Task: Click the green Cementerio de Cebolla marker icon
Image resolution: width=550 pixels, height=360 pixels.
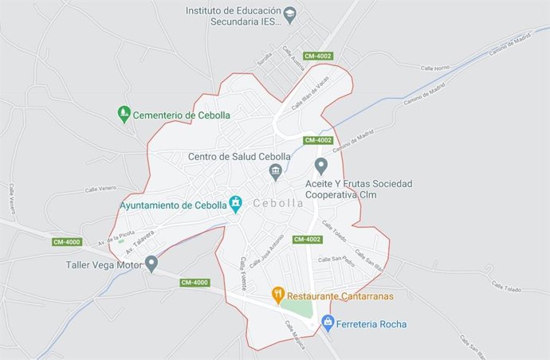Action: pyautogui.click(x=124, y=114)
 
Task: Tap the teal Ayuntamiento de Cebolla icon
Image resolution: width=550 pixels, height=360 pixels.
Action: pyautogui.click(x=235, y=204)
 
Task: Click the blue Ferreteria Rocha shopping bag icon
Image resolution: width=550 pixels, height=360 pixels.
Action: pyautogui.click(x=327, y=323)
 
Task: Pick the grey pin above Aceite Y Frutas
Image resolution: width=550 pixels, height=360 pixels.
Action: pyautogui.click(x=321, y=166)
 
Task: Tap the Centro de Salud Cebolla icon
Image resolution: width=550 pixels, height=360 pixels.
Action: pyautogui.click(x=276, y=170)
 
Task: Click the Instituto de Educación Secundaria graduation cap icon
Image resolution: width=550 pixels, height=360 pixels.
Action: pyautogui.click(x=291, y=14)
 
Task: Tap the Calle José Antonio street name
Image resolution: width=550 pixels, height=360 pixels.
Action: pyautogui.click(x=266, y=252)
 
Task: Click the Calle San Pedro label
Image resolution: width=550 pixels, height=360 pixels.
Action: pyautogui.click(x=336, y=260)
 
